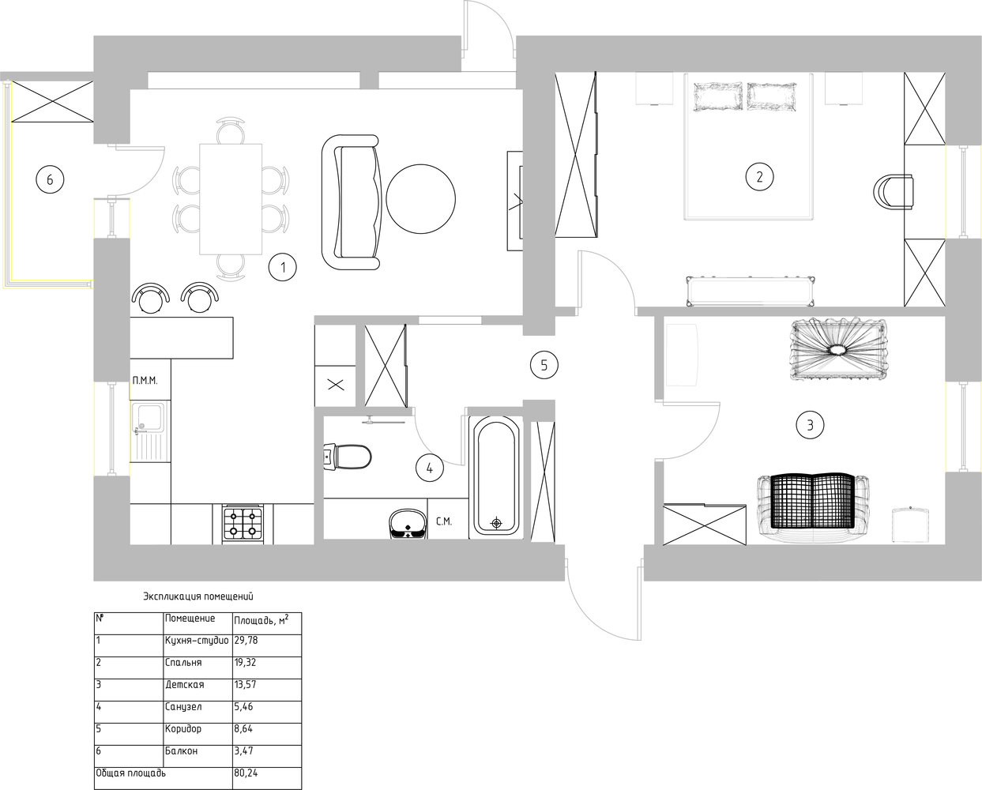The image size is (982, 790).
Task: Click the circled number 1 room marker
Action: [283, 267]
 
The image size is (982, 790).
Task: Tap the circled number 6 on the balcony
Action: [50, 179]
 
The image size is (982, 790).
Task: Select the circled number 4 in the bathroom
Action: [430, 468]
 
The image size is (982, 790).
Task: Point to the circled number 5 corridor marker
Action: [544, 365]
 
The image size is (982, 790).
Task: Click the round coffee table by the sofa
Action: [421, 199]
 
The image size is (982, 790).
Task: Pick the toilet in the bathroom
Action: [348, 457]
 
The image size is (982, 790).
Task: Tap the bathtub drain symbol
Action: [496, 522]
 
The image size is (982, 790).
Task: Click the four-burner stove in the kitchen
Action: [243, 524]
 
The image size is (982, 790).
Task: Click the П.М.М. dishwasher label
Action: [145, 380]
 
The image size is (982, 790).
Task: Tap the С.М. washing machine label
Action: [443, 521]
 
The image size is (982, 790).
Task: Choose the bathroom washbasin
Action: [408, 524]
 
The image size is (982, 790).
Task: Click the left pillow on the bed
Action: [718, 96]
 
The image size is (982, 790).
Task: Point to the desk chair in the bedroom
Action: [894, 192]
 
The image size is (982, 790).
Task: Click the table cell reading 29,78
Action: [246, 640]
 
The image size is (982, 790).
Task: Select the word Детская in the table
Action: [184, 685]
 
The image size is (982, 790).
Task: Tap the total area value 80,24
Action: [246, 773]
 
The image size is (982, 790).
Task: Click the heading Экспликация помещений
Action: [198, 596]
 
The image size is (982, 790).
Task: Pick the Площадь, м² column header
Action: [261, 620]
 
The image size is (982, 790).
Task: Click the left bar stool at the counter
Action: [151, 298]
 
